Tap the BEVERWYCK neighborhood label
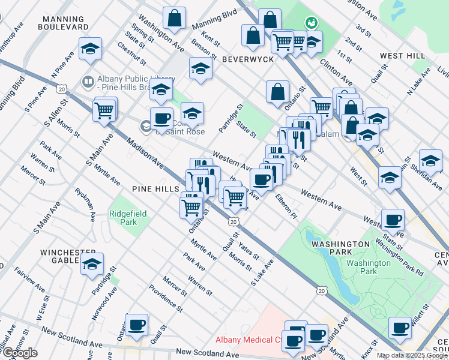pyautogui.click(x=247, y=59)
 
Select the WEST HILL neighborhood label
pyautogui.click(x=402, y=56)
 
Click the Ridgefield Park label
pyautogui.click(x=123, y=218)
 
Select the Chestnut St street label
pyautogui.click(x=132, y=52)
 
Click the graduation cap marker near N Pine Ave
pyautogui.click(x=90, y=49)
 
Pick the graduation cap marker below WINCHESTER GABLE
pyautogui.click(x=92, y=263)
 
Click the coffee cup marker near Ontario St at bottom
pyautogui.click(x=137, y=325)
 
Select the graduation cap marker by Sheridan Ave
pyautogui.click(x=430, y=160)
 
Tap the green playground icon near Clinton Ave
pyautogui.click(x=312, y=23)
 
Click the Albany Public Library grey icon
pyautogui.click(x=88, y=80)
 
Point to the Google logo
pyautogui.click(x=20, y=353)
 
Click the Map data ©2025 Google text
pyautogui.click(x=412, y=355)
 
